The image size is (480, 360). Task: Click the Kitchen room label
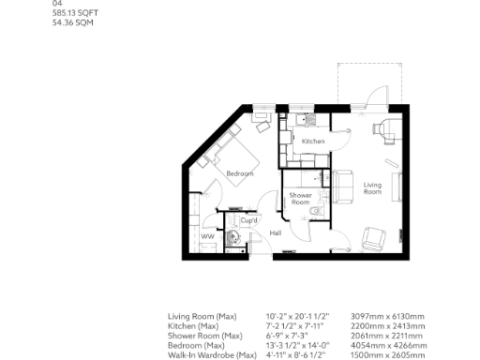click(x=313, y=142)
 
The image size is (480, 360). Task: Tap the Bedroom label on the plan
click(x=239, y=174)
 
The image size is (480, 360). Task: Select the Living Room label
click(x=373, y=187)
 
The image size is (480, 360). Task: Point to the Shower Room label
click(x=300, y=198)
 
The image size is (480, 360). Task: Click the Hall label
click(x=276, y=232)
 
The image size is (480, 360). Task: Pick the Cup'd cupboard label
click(x=249, y=220)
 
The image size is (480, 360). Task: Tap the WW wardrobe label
click(x=207, y=237)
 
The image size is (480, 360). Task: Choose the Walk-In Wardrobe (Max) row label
click(x=212, y=354)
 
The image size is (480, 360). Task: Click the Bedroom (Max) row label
click(x=200, y=345)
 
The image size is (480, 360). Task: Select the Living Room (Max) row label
click(x=202, y=317)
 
